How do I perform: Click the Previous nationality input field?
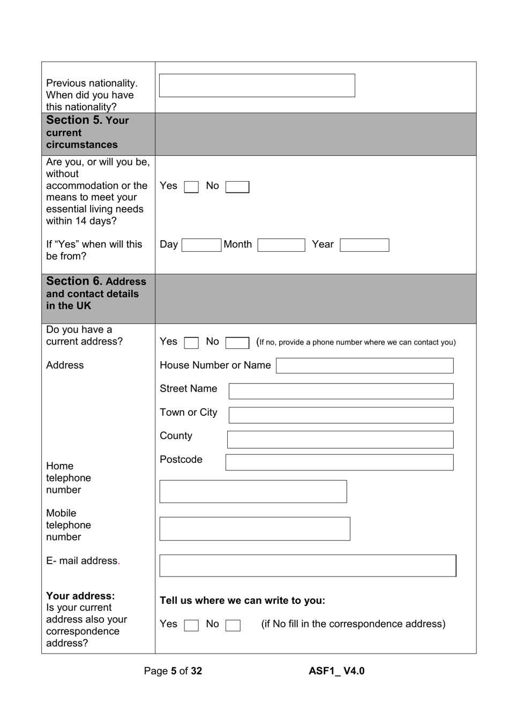click(257, 86)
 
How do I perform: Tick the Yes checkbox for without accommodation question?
click(191, 187)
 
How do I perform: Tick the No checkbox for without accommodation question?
click(237, 187)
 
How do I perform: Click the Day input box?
click(201, 245)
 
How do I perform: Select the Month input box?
click(281, 245)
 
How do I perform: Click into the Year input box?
click(364, 245)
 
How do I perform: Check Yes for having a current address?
click(191, 342)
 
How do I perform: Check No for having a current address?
click(237, 342)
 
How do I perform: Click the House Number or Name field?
click(364, 366)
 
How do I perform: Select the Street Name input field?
click(341, 391)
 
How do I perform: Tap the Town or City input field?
click(341, 415)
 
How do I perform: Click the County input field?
click(340, 439)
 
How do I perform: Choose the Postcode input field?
click(339, 462)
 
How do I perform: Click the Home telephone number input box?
click(253, 491)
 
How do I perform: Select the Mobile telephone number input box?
click(254, 529)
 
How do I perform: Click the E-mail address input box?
click(308, 566)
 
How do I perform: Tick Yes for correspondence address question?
click(191, 625)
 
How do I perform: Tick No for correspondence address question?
click(233, 625)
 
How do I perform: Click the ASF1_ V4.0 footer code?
click(336, 671)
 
